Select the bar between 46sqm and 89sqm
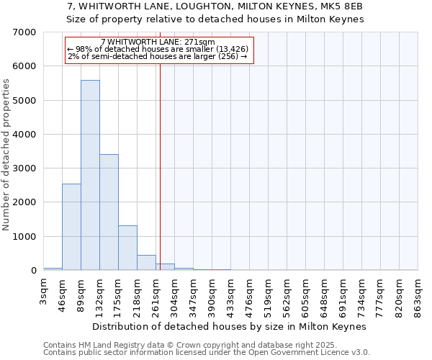pyautogui.click(x=71, y=227)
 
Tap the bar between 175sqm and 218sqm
pyautogui.click(x=127, y=248)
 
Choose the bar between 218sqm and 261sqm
pyautogui.click(x=146, y=263)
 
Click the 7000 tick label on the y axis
pyautogui.click(x=24, y=32)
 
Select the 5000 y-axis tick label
pyautogui.click(x=24, y=100)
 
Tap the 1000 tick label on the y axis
pyautogui.click(x=24, y=236)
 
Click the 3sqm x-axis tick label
pyautogui.click(x=44, y=291)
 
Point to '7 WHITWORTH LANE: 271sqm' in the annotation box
pyautogui.click(x=158, y=42)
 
